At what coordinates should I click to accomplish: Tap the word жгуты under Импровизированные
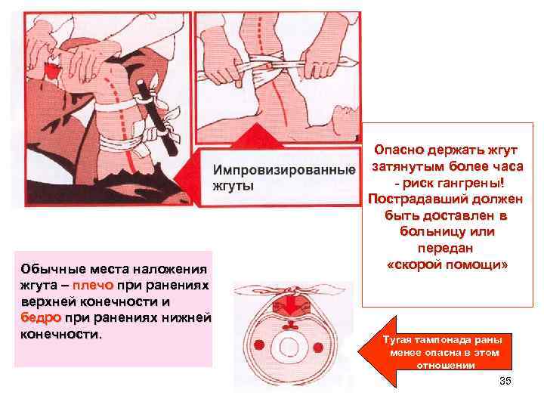pos(233,185)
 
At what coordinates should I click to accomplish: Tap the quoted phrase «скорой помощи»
pos(447,266)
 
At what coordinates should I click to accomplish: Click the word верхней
pos(45,301)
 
